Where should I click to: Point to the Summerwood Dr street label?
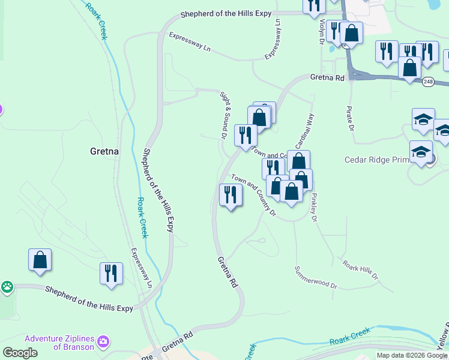pos(316,278)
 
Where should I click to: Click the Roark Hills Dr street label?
pos(360,269)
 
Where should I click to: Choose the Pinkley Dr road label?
pos(313,207)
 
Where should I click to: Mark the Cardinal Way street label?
pos(304,132)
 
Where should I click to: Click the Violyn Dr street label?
pos(322,31)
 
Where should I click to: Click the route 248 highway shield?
pos(427,82)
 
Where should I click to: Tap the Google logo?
pos(20,353)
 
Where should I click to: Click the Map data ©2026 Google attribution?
pos(412,355)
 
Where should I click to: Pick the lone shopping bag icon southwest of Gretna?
pos(40,260)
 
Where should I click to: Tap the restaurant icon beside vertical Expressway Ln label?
pos(111,274)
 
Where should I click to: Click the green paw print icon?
pos(7,287)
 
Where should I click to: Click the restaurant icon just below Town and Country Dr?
pos(231,195)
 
